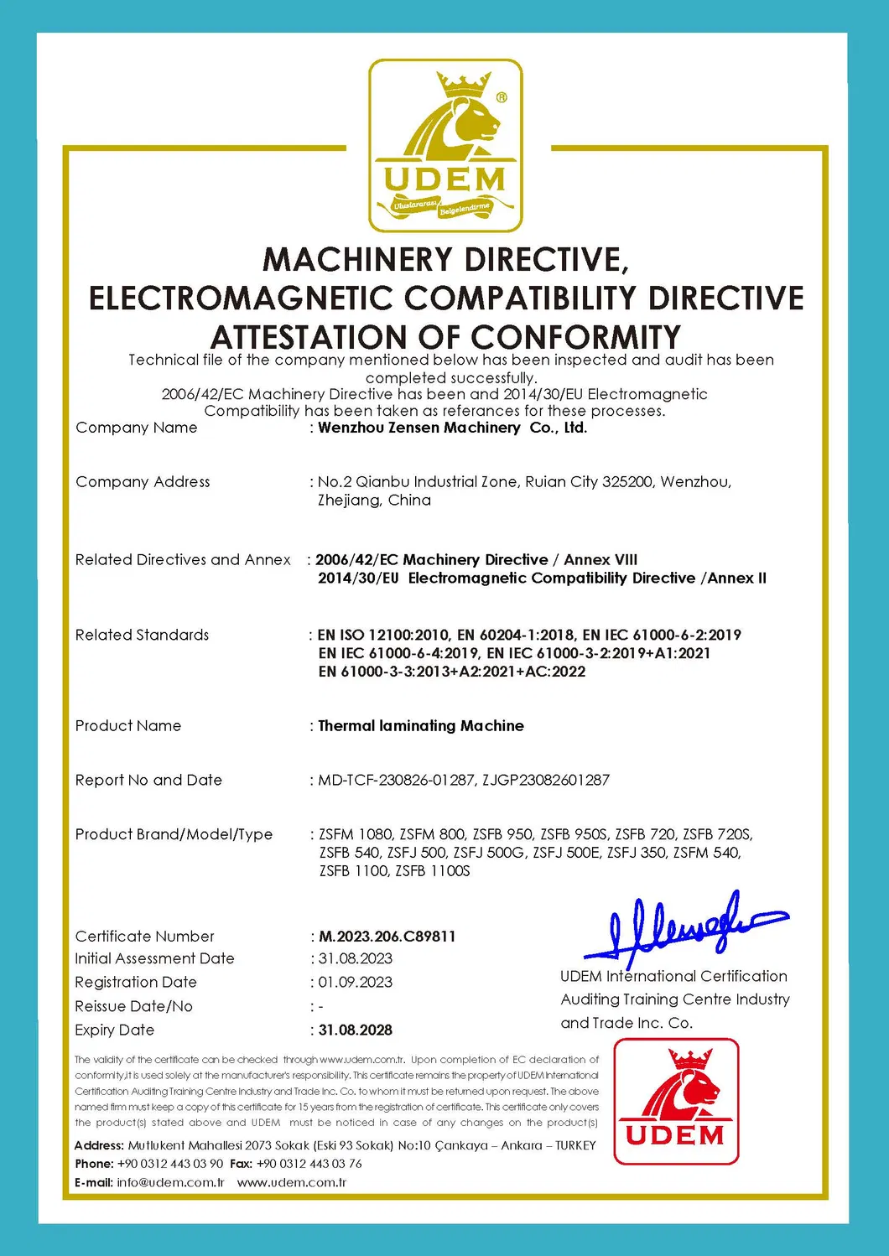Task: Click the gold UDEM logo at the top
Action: (x=445, y=146)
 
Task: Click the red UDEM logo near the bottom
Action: (x=676, y=1101)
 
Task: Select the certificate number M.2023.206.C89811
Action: (x=387, y=937)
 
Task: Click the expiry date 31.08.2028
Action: (x=355, y=1030)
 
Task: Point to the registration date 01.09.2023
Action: (x=355, y=982)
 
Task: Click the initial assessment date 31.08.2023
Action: (x=355, y=958)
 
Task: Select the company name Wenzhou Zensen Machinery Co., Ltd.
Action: (x=452, y=428)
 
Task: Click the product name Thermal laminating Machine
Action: (x=420, y=726)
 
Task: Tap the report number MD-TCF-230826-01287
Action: (x=397, y=780)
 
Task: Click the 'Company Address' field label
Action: (x=143, y=482)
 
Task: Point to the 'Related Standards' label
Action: (x=142, y=635)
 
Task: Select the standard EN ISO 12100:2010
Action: (x=383, y=635)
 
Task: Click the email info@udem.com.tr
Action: (x=170, y=1182)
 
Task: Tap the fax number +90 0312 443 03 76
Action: (x=309, y=1164)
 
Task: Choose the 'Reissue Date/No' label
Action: (x=133, y=1006)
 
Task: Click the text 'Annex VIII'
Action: (x=600, y=559)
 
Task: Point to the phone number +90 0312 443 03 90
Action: (x=170, y=1164)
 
